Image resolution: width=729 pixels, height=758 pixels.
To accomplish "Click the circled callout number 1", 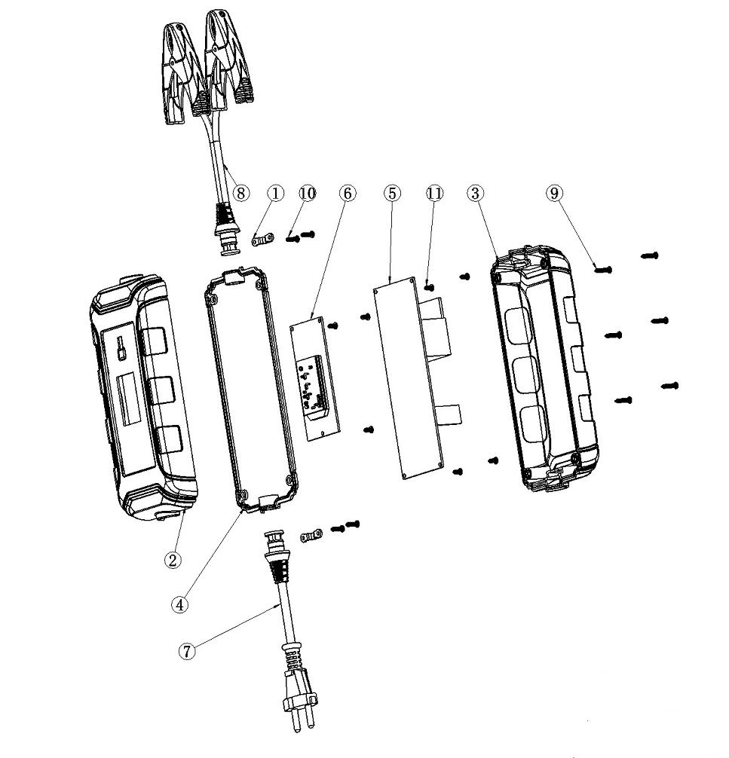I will (275, 194).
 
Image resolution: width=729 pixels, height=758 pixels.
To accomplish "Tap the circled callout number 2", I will (174, 560).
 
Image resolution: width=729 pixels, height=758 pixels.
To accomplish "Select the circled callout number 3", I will (475, 194).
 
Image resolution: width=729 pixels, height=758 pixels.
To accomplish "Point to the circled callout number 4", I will (179, 604).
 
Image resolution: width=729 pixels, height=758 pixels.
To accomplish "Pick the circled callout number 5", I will (391, 194).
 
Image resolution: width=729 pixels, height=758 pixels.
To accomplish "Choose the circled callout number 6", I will (347, 194).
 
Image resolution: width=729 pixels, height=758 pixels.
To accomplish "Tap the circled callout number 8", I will (240, 193).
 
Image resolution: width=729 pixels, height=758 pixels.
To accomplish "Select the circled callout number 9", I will (555, 194).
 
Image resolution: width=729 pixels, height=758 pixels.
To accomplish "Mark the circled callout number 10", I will (307, 194).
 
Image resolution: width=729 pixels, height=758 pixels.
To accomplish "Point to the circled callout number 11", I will (435, 194).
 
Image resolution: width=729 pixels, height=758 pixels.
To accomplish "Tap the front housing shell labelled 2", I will (143, 407).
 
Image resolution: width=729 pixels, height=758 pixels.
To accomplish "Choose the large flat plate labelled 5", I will (407, 377).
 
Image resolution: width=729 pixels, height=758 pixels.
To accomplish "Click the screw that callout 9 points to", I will (604, 269).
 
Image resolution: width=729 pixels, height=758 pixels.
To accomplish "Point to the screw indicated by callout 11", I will (430, 287).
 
